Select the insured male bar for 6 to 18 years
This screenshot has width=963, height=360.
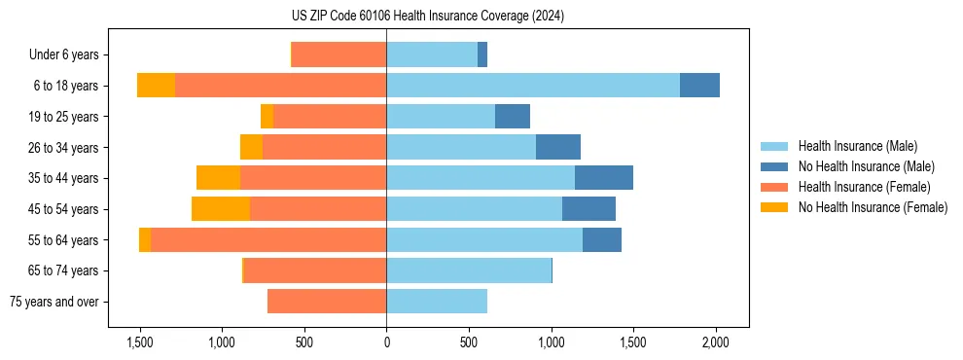[x=533, y=86]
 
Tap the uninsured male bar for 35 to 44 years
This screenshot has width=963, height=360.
[x=604, y=178]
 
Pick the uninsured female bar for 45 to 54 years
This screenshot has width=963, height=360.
[x=221, y=209]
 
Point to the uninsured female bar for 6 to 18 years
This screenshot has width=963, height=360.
[x=156, y=86]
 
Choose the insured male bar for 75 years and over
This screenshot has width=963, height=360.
[x=437, y=302]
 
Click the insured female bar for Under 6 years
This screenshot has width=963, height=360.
[x=339, y=54]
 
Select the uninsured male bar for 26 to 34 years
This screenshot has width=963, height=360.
[x=558, y=147]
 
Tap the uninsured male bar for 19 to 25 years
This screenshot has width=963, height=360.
[x=513, y=117]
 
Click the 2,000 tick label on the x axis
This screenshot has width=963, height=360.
[x=716, y=342]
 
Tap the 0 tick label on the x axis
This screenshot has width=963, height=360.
[x=386, y=342]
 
